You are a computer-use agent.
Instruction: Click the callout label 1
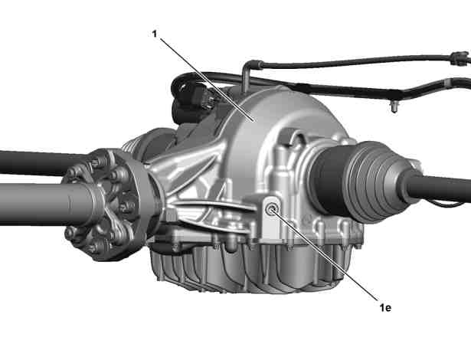tap(155, 34)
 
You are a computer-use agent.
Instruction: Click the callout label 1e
tap(385, 307)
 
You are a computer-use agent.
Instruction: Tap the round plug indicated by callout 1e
tap(273, 208)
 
